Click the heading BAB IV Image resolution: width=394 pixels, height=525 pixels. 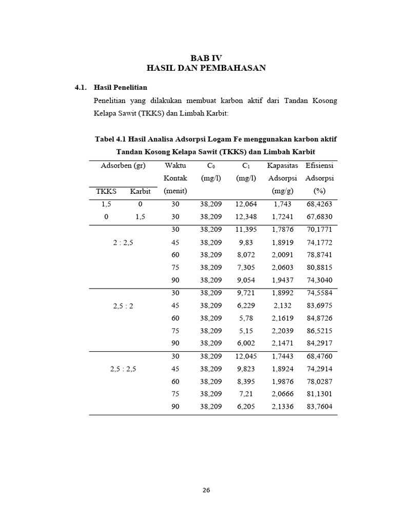[x=206, y=58]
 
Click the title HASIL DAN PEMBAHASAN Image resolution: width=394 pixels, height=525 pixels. [x=206, y=68]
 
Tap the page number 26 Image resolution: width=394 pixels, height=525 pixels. [x=206, y=490]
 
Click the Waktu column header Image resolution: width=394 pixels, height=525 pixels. [x=175, y=166]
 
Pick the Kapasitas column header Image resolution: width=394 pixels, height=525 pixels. [x=282, y=166]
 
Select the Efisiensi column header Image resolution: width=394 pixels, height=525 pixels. [x=320, y=166]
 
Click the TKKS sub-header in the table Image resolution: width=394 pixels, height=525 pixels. [x=106, y=191]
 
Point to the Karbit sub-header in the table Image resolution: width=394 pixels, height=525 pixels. [x=140, y=191]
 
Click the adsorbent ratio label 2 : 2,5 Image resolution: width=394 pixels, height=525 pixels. [x=123, y=243]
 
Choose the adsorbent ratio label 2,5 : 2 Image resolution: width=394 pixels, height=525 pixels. [x=123, y=306]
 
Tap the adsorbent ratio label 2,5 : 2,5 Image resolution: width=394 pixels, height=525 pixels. [x=123, y=369]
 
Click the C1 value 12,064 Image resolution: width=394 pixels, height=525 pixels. [x=246, y=204]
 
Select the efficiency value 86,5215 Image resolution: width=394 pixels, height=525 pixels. [x=320, y=331]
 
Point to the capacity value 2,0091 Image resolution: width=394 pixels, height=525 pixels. [x=282, y=255]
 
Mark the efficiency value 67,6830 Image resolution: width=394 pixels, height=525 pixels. [x=320, y=217]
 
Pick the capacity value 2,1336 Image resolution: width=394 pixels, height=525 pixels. [x=282, y=407]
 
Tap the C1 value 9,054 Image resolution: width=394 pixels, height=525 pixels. [x=246, y=280]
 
